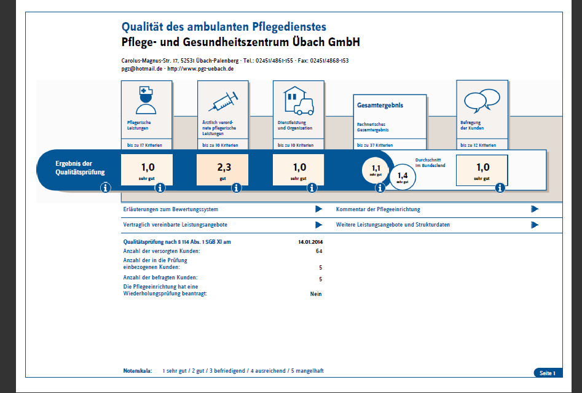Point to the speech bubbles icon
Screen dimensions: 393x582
coord(482,99)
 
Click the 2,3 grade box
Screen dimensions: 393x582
coord(222,170)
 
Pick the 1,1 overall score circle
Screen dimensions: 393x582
coord(376,169)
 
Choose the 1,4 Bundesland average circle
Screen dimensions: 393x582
coord(403,176)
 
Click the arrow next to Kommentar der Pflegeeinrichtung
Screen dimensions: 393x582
coord(535,209)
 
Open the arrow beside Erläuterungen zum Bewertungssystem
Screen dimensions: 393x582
coord(318,209)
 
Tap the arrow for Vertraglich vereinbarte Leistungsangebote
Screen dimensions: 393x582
coord(318,225)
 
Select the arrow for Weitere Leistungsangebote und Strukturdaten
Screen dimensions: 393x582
coord(535,225)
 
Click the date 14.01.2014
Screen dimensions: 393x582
coord(310,242)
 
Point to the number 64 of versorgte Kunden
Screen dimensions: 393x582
coord(319,252)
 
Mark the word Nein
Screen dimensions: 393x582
coord(316,294)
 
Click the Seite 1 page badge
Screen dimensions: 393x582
coord(547,373)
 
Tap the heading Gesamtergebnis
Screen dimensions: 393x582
coord(380,106)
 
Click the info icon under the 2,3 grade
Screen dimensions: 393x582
coord(236,188)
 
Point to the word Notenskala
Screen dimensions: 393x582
coord(138,372)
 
